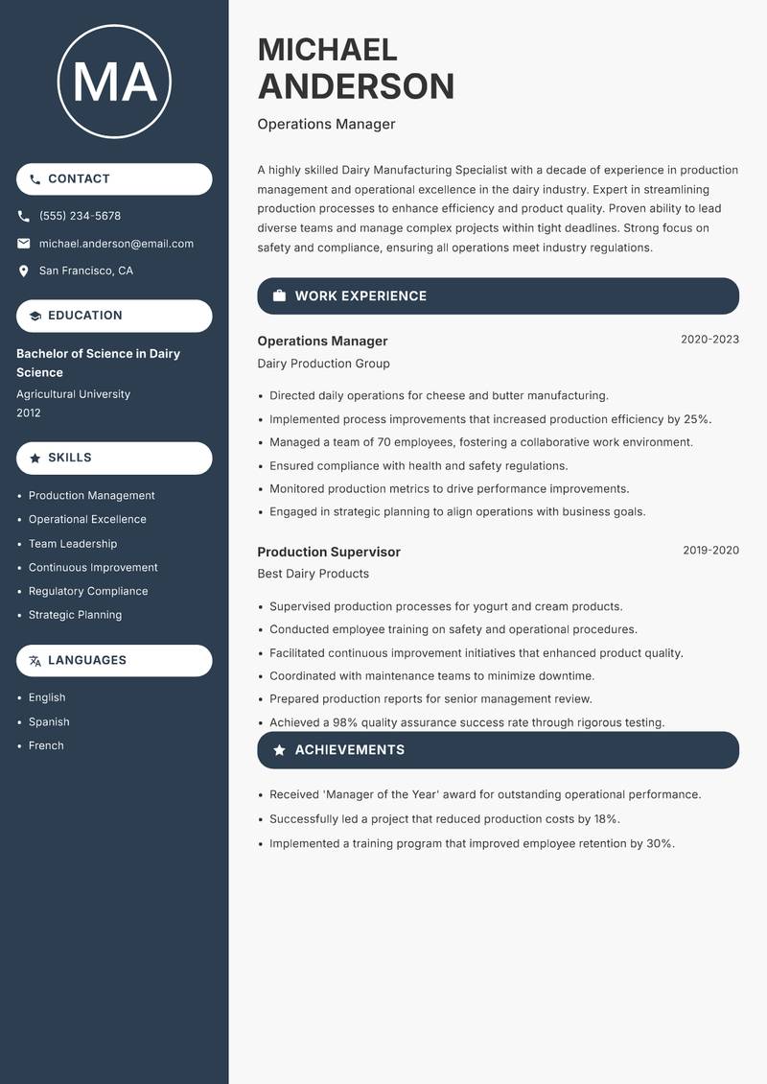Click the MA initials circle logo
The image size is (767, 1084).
(114, 82)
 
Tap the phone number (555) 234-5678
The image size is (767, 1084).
(80, 216)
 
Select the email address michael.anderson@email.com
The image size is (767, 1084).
(116, 244)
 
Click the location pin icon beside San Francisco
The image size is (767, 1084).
(24, 271)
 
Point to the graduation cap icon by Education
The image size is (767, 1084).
(35, 316)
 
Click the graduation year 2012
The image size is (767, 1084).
(29, 412)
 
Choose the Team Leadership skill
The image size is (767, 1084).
(73, 544)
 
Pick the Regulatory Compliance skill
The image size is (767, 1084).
(88, 591)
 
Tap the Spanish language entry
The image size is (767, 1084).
(49, 721)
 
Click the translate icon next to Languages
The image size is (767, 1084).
(35, 660)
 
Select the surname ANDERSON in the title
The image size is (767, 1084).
(356, 86)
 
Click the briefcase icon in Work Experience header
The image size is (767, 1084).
(279, 296)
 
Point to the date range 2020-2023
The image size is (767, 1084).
(709, 340)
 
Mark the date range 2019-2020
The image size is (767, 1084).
(710, 551)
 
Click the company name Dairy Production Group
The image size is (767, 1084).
(323, 364)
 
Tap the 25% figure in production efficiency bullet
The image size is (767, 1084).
(697, 419)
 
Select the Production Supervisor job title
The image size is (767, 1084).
(329, 552)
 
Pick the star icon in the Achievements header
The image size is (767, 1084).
(279, 750)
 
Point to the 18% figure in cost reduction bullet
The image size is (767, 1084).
(606, 819)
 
